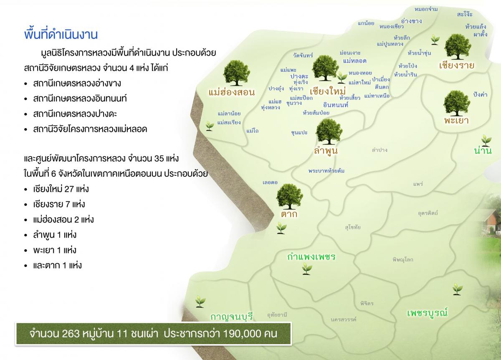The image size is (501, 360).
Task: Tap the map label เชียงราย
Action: point(458,65)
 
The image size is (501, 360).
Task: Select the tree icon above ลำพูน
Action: point(329,132)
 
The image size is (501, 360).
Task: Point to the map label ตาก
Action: point(289,214)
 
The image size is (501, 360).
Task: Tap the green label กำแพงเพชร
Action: point(311,256)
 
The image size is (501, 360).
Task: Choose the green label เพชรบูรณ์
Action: point(427,312)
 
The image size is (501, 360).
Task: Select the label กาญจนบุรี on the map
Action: point(232,316)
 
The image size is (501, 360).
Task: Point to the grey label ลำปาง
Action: point(380,150)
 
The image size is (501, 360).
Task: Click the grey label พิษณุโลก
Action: point(403,259)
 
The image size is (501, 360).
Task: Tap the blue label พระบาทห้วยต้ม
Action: point(326,171)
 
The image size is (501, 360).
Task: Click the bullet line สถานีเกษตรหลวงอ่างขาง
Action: point(77,83)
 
